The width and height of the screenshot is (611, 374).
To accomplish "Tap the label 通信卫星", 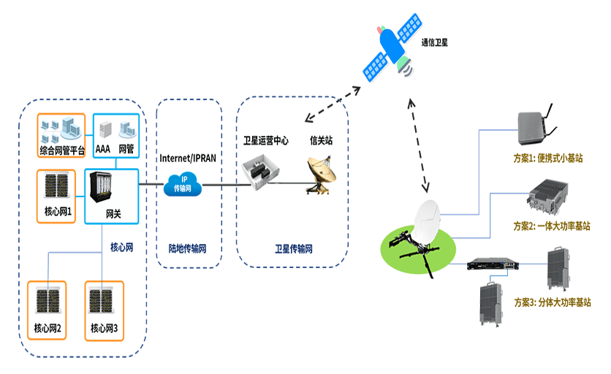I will point(434,43).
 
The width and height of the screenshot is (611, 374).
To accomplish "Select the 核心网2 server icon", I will point(47,302).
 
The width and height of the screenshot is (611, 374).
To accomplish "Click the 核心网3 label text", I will point(105,328).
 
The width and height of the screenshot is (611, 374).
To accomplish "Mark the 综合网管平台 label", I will point(63,151).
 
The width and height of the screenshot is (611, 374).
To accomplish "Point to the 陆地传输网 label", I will point(188,248).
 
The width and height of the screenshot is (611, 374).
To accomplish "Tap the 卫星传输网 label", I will point(293,249).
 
